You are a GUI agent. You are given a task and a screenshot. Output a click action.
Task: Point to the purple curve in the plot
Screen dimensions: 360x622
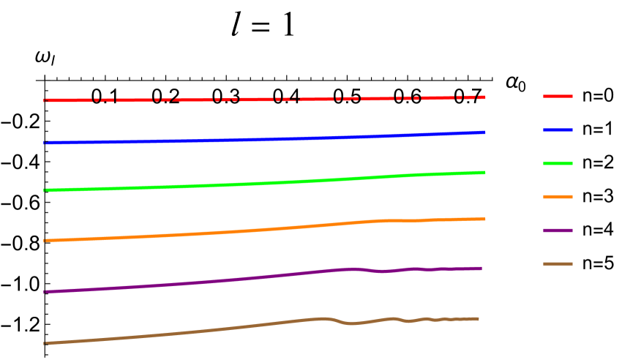[x=220, y=281]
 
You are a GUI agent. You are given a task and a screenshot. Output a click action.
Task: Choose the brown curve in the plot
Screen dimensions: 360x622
[x=220, y=329]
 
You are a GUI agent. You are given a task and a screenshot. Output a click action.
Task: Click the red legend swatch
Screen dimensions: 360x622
[x=558, y=96]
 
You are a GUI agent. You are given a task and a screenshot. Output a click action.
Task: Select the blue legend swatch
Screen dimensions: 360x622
[x=558, y=130]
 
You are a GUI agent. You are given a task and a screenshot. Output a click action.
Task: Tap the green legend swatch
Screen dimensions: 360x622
[x=558, y=163]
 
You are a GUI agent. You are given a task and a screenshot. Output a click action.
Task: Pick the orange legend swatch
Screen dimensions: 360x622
[x=558, y=197]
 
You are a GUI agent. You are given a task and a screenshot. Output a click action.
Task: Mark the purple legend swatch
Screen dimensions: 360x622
[x=558, y=230]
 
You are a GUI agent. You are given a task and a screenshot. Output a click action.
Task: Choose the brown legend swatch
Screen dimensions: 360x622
[x=558, y=263]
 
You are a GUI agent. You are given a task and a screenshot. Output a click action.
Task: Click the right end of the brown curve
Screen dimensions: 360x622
[x=478, y=319]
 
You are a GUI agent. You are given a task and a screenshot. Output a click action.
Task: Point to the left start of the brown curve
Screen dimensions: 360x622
[x=45, y=342]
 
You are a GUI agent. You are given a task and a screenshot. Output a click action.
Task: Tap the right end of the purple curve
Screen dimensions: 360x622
[x=481, y=269]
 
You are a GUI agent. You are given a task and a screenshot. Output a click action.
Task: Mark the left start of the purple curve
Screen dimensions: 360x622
[x=45, y=291]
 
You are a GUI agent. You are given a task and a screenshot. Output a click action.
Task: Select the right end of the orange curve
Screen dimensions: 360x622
[x=484, y=219]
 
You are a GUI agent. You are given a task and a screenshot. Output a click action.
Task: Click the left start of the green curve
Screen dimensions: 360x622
[x=45, y=190]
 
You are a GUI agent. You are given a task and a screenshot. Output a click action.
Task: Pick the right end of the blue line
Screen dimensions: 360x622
[x=484, y=132]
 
